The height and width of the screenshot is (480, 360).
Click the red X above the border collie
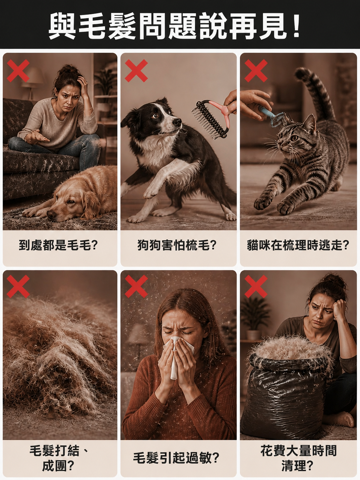(136, 70)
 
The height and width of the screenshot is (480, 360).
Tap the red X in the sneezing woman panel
(136, 286)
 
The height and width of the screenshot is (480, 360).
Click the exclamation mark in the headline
(296, 26)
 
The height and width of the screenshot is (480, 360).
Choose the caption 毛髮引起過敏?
(176, 458)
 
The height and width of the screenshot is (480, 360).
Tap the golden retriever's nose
(51, 215)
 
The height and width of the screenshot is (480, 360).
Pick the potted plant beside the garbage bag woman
(255, 317)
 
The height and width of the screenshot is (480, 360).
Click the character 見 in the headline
(272, 26)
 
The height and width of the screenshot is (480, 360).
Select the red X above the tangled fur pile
(18, 286)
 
